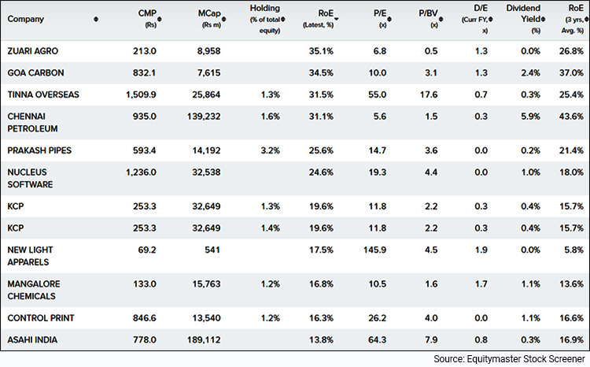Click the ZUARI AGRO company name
tap(32, 51)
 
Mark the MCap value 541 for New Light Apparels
tap(207, 250)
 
